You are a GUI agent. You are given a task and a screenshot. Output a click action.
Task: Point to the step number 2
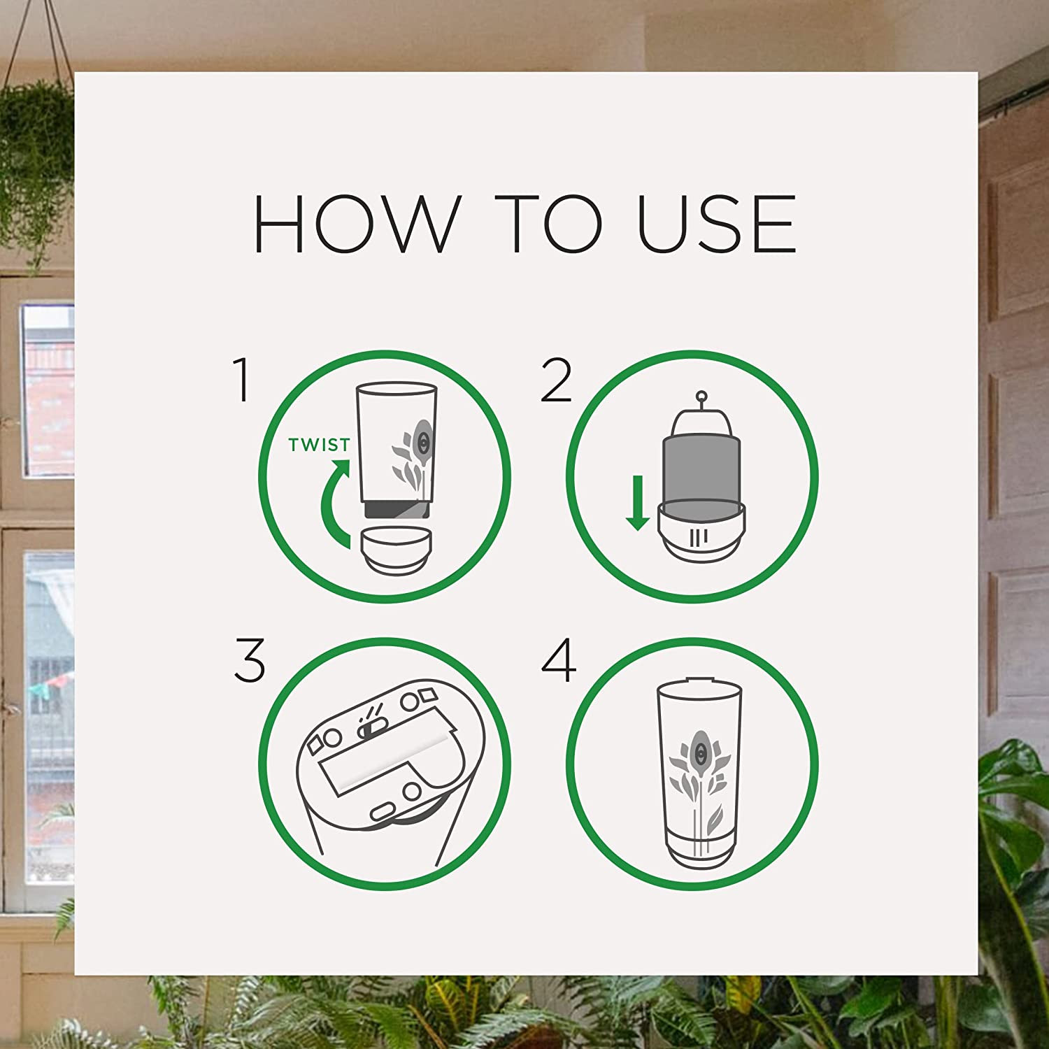[x=556, y=381]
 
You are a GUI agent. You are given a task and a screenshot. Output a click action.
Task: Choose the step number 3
[x=250, y=660]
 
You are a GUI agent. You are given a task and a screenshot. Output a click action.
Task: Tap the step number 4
[x=559, y=660]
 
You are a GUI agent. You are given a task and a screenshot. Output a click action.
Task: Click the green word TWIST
[x=319, y=445]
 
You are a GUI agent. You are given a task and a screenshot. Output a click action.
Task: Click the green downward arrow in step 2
[x=637, y=504]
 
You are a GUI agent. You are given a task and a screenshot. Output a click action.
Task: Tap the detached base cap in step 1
[x=395, y=551]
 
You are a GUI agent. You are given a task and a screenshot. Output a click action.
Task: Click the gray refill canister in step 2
[x=700, y=465]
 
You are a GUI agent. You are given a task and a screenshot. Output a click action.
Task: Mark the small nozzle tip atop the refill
[x=702, y=397]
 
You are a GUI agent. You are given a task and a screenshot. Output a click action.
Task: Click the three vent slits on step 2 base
[x=699, y=537]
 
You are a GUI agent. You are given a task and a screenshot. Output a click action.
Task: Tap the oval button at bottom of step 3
[x=383, y=811]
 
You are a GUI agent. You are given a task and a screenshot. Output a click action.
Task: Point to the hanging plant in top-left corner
[x=35, y=140]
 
